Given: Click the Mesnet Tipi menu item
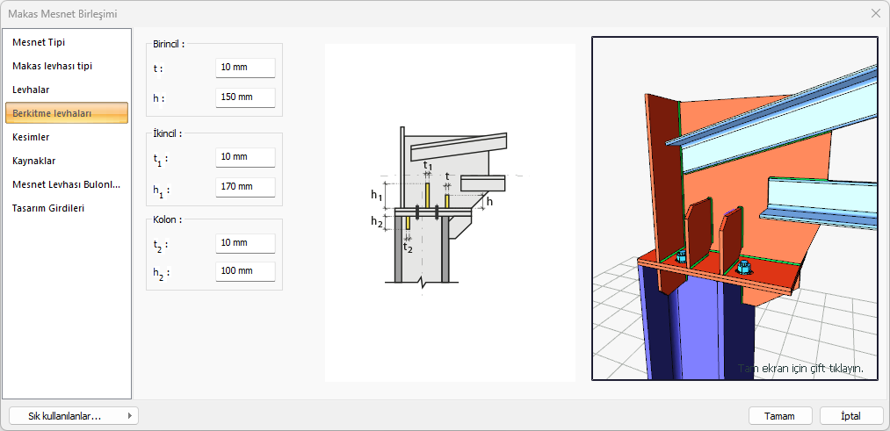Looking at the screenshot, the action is [42, 42].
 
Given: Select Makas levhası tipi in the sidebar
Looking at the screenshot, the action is [52, 66].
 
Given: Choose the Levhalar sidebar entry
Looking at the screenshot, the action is [31, 90].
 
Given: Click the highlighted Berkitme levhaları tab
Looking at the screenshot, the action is [67, 113].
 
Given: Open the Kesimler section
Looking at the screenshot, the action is [31, 137].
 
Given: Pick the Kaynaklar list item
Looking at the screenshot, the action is [34, 161].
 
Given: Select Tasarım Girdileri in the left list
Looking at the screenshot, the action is [48, 208].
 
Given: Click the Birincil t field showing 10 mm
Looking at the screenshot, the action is [245, 68].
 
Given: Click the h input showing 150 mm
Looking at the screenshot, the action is [245, 97].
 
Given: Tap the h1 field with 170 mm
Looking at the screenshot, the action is [245, 187].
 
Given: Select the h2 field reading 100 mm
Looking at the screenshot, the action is [245, 271].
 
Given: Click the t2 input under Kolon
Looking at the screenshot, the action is [245, 243].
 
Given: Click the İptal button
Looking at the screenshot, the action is [851, 416].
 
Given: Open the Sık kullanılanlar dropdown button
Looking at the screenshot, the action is [74, 416].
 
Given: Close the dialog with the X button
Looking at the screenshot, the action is [876, 14].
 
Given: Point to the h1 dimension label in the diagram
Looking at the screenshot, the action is [377, 196].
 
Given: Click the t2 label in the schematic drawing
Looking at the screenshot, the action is [408, 248].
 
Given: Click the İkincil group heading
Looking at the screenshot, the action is [167, 133].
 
